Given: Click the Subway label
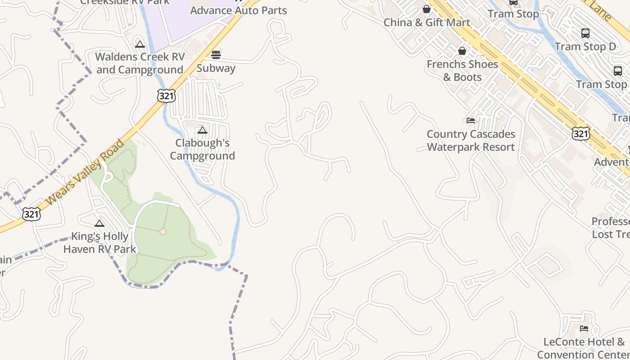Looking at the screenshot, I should click(216, 68).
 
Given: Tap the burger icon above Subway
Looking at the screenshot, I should click(216, 55).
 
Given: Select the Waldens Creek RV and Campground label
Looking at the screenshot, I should click(140, 63).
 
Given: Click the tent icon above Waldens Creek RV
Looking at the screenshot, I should click(139, 44).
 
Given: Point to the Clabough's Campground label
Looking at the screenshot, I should click(202, 149).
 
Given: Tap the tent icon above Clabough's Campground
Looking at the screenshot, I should click(202, 130).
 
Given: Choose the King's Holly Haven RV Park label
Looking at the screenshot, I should click(100, 243).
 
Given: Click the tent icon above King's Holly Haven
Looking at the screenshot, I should click(99, 223).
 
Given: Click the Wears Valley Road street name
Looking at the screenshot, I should click(85, 172).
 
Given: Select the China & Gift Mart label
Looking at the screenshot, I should click(427, 22).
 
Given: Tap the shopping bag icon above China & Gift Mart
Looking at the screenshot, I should click(427, 9).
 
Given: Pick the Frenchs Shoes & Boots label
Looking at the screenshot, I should click(462, 71).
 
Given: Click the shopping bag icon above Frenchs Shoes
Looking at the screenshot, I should click(462, 51).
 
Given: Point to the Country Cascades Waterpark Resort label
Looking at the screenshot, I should click(471, 140).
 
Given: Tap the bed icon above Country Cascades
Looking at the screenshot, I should click(471, 120).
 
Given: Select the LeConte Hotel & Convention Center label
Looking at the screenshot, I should click(584, 348).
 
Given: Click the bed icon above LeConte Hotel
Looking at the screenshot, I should click(584, 328).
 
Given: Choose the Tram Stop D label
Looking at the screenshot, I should click(585, 46).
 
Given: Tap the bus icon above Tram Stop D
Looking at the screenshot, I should click(585, 33).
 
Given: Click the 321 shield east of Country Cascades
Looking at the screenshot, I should click(581, 133).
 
